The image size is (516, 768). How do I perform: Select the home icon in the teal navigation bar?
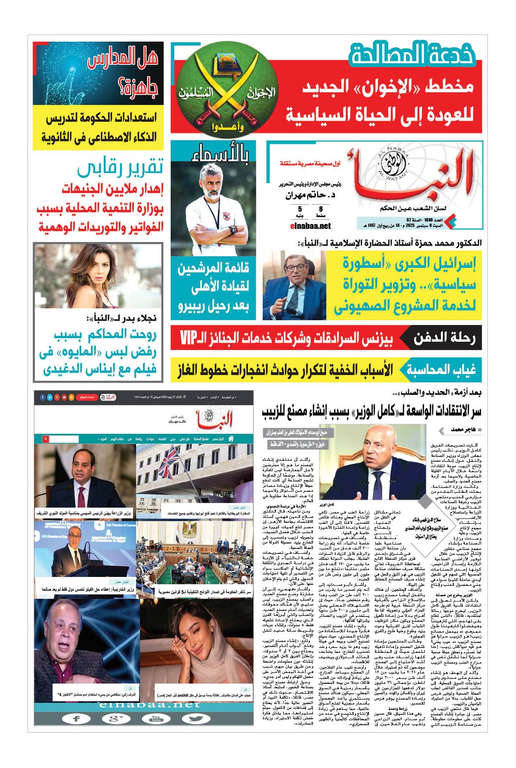coord(245,438)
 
